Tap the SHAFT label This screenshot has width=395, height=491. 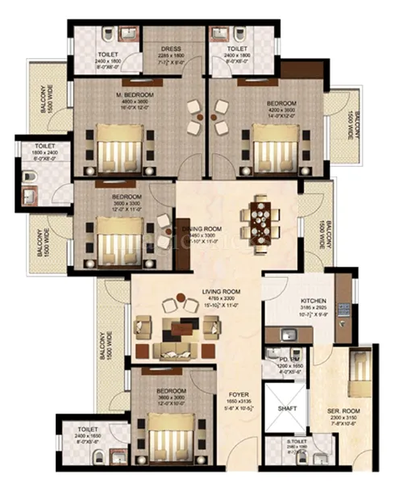[x=286, y=409]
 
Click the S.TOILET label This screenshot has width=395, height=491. [x=300, y=441]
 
